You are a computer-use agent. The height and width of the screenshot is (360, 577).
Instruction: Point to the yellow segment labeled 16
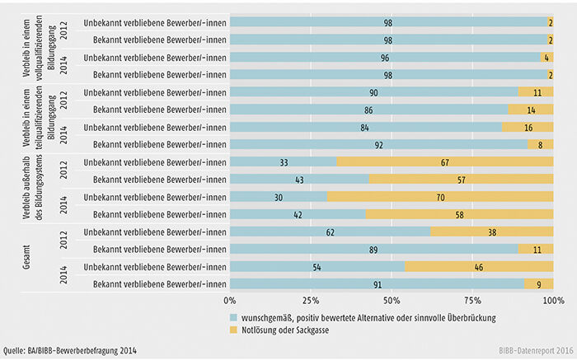pos(528,126)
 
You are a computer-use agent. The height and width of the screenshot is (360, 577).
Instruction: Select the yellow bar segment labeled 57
pos(461,179)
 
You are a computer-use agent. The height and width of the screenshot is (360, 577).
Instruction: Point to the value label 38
pos(492,232)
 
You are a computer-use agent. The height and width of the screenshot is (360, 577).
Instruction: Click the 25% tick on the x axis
pos(310,300)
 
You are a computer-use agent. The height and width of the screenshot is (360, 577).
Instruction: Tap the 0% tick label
pos(230,300)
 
